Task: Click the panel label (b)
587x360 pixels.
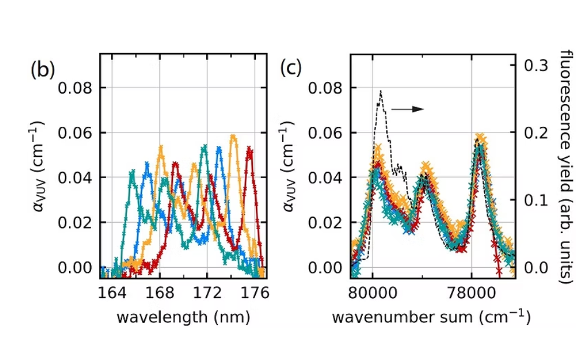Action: (x=42, y=70)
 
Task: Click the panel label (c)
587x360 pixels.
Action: (x=290, y=68)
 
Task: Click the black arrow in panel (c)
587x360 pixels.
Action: (x=407, y=109)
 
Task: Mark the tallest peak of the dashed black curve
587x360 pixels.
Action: (x=381, y=91)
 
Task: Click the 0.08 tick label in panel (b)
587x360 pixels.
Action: (x=74, y=88)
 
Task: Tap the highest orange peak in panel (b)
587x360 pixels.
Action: (x=234, y=137)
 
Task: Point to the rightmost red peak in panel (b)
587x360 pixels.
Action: (x=249, y=149)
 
